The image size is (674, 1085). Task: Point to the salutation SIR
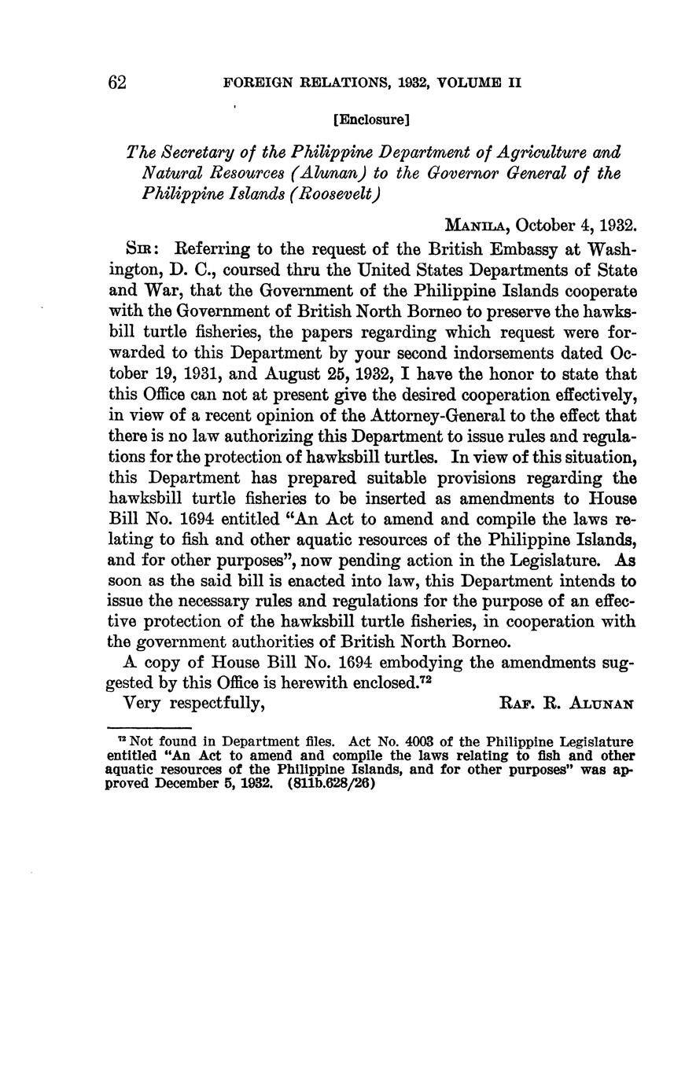142,248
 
